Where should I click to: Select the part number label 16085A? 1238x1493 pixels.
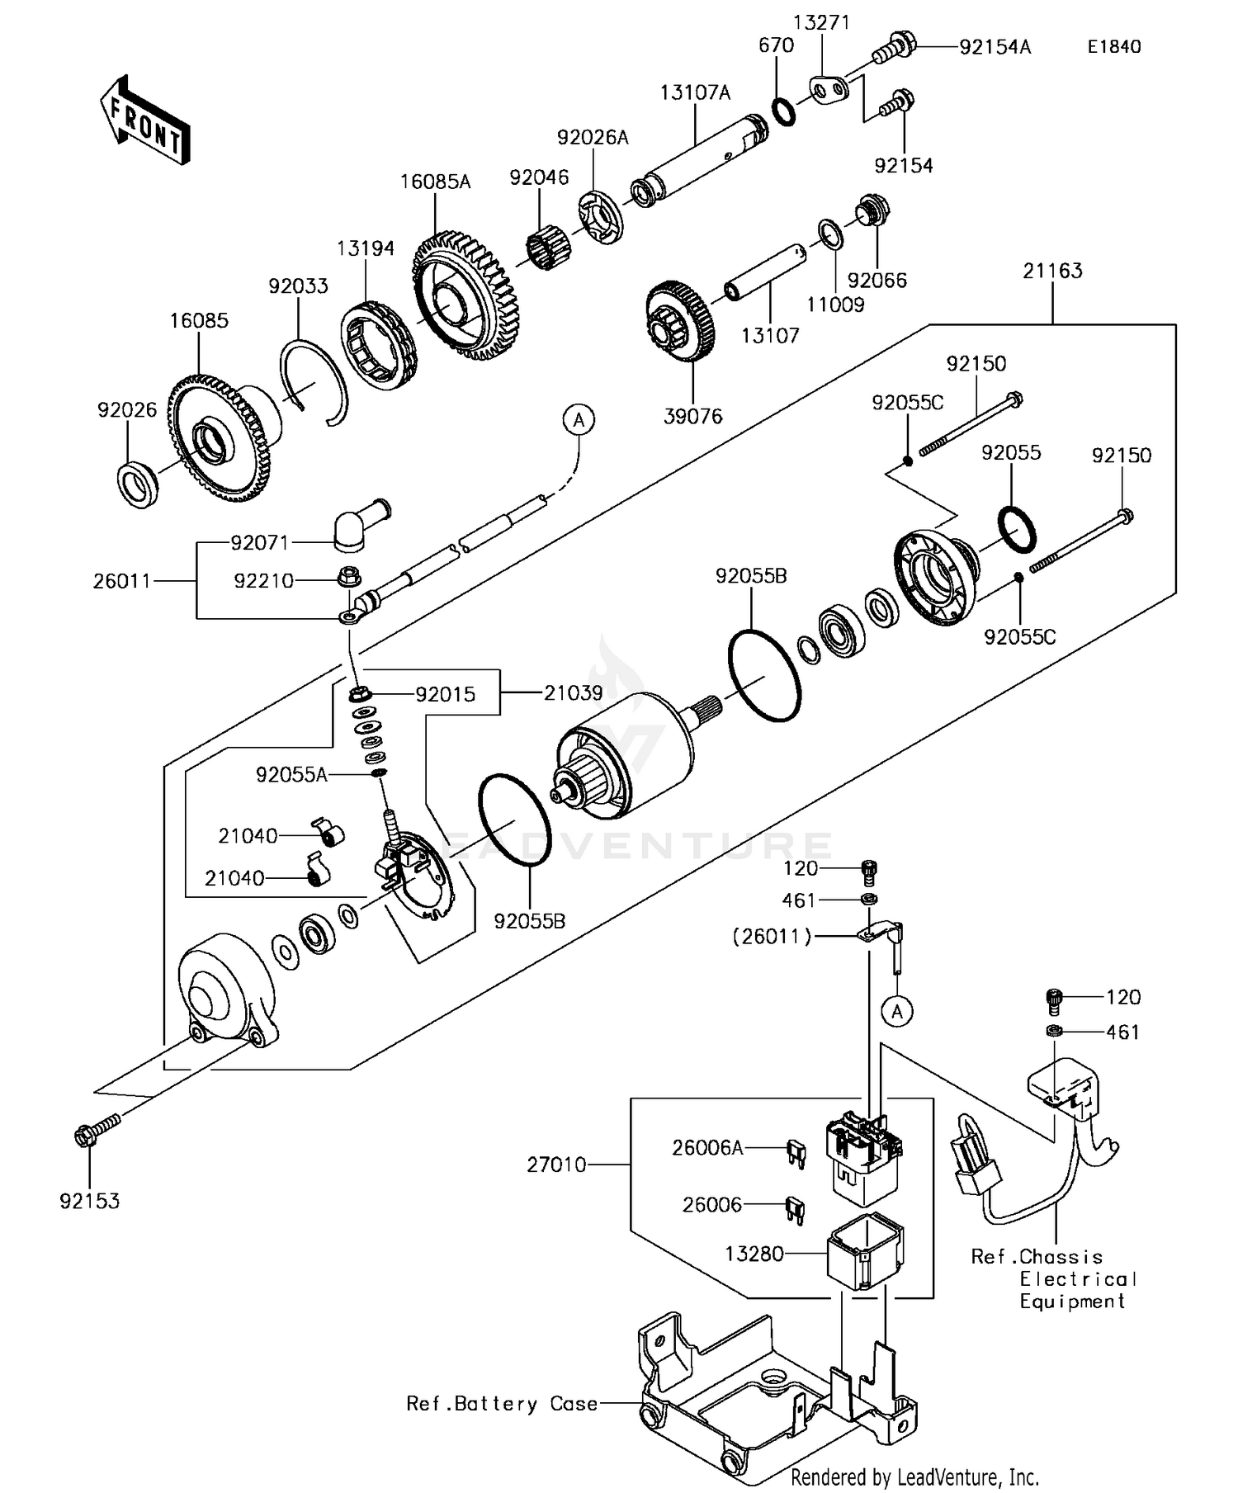tap(435, 182)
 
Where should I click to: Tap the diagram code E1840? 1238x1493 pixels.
tap(1113, 47)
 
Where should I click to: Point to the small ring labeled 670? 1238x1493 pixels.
tap(785, 111)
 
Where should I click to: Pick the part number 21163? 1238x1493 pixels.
tap(1052, 271)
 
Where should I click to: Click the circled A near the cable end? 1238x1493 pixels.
tap(579, 420)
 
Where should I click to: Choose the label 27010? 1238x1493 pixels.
tap(556, 1165)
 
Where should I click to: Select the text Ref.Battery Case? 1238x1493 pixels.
tap(502, 1403)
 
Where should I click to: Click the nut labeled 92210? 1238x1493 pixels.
tap(348, 576)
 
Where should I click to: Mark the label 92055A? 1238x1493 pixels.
tap(291, 774)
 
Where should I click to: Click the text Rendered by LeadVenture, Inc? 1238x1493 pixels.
tap(914, 1476)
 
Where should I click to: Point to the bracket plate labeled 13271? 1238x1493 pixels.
tap(826, 92)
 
